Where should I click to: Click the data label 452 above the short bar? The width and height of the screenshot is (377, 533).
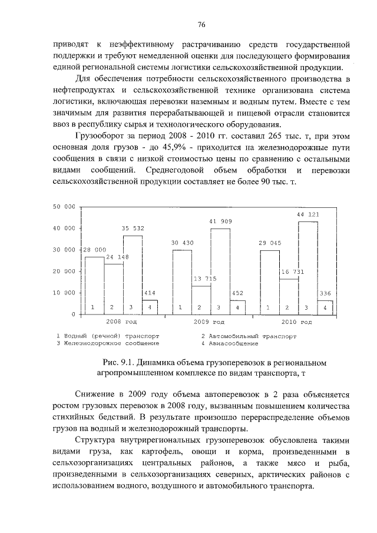[237, 293]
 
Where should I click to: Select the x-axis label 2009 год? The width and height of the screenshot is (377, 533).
[209, 322]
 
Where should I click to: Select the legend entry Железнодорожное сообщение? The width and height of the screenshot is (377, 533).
[107, 343]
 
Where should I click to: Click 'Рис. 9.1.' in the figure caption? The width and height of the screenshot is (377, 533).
[118, 362]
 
